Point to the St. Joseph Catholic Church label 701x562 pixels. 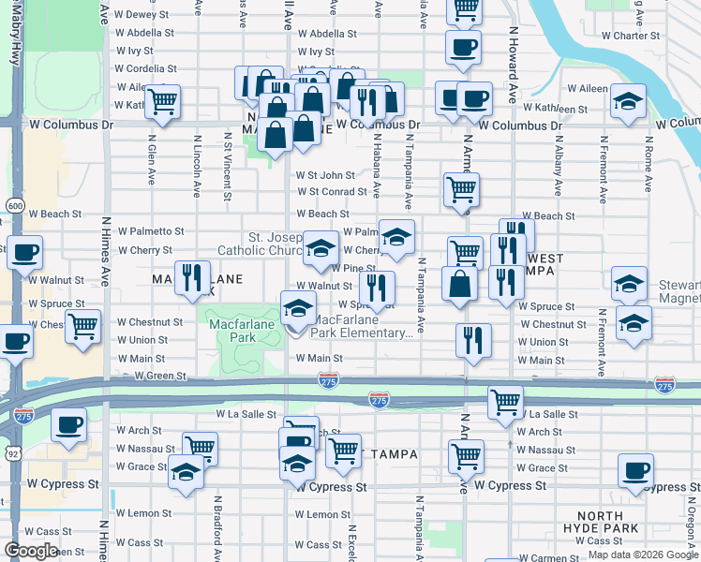coord(259,243)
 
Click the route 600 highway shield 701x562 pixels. coord(15,205)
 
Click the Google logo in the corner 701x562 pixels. coord(31,551)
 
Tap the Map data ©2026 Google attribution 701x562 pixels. coord(643,555)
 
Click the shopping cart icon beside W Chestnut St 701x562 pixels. coord(83,327)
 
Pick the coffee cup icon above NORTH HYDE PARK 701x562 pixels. coord(636,470)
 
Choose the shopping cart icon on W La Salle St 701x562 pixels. coord(505,402)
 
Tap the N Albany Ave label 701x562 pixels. coord(558,169)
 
